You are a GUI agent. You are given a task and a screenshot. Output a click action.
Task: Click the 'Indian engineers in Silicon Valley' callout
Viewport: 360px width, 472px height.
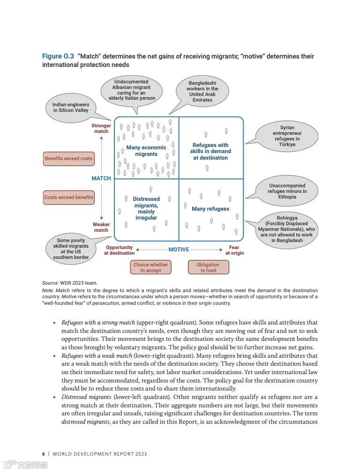tap(71, 108)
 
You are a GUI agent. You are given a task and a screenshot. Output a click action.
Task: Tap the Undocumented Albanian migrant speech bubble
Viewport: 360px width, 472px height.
tap(132, 90)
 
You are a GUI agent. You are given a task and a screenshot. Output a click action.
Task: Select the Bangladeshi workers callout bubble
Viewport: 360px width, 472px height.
tap(203, 92)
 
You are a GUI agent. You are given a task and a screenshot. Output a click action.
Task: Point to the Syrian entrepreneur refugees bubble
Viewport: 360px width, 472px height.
tap(287, 136)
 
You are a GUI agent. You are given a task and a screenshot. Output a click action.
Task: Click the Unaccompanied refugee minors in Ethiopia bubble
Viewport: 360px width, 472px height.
tap(287, 191)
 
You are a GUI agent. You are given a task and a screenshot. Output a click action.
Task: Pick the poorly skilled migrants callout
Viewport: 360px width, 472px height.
tap(71, 249)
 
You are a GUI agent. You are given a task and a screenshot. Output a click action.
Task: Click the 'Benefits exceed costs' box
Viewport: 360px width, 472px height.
tap(68, 159)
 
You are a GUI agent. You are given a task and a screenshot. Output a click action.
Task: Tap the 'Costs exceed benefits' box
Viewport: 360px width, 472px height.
tap(68, 198)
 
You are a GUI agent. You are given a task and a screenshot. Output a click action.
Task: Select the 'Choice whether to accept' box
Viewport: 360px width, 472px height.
tap(150, 267)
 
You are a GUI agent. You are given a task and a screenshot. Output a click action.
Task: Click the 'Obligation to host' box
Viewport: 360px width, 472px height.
tap(208, 267)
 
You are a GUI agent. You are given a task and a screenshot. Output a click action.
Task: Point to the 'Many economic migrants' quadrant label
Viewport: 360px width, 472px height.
tap(146, 151)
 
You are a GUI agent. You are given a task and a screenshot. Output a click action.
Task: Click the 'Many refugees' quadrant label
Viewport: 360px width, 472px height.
tap(210, 209)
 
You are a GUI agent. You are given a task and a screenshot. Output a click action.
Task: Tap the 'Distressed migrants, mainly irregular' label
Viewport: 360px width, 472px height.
tap(146, 208)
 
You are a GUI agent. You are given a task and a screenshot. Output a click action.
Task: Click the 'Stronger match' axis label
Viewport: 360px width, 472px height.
tap(101, 128)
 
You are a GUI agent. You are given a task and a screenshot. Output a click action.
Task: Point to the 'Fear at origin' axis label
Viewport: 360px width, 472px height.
tap(234, 250)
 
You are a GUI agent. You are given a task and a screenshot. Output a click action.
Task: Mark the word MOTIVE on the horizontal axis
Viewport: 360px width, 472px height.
tap(179, 250)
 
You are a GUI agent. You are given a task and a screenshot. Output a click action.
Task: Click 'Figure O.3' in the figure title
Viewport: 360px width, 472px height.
tap(58, 57)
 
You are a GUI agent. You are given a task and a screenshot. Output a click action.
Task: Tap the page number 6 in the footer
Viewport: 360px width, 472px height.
tap(44, 454)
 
